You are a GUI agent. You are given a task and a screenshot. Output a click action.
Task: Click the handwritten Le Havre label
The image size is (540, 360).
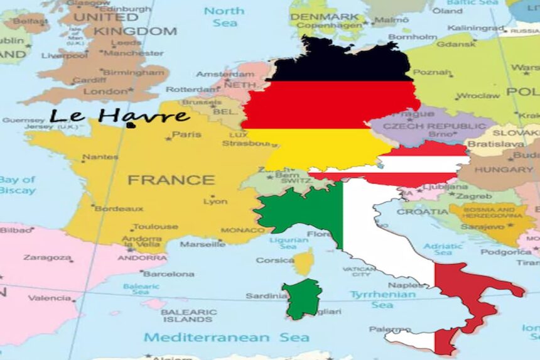coord(119,116)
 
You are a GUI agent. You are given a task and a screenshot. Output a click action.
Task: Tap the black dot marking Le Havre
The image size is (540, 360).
coord(131,125)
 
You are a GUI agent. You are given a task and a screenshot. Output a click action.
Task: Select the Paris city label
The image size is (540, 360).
coord(186,134)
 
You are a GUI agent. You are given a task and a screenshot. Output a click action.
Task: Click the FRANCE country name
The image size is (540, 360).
coord(171,180)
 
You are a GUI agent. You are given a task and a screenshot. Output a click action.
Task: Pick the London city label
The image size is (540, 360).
coord(105,91)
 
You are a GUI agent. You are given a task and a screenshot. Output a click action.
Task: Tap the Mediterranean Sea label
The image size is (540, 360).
coord(227,337)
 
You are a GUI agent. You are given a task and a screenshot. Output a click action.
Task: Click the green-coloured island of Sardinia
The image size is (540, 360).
coord(302,299)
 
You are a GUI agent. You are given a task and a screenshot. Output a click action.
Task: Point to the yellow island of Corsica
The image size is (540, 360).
coord(305,261)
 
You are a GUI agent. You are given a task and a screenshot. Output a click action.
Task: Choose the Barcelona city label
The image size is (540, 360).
coord(168,274)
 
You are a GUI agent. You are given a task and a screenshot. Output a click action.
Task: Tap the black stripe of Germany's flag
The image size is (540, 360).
coord(339,63)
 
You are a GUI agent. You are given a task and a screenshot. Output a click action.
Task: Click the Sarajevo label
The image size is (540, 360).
coord(475,226)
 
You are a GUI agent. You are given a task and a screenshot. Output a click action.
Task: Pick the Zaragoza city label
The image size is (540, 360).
coord(48,258)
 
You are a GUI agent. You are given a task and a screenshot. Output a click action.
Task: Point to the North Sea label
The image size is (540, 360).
coord(224,16)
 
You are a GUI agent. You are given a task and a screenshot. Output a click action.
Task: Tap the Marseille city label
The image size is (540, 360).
coord(202,244)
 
